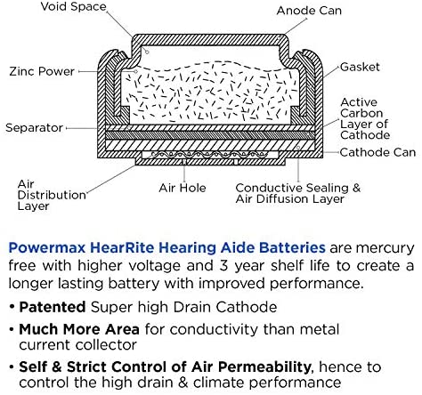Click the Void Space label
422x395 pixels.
tap(73, 6)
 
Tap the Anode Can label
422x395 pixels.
tap(309, 11)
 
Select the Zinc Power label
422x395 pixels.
tap(42, 71)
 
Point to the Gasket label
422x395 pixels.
tap(360, 67)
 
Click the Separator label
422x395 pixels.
tap(34, 128)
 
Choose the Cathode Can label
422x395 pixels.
tap(377, 152)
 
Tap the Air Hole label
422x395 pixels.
tap(183, 188)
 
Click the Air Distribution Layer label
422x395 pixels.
tap(52, 195)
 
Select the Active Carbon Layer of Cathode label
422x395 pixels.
tap(365, 118)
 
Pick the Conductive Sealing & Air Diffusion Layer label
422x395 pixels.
tap(298, 193)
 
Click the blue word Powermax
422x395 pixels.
tap(47, 248)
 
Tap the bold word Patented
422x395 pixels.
tap(53, 307)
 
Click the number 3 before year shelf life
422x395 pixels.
tap(223, 266)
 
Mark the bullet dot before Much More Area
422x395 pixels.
tap(12, 329)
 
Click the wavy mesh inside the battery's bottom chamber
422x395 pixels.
tap(208, 154)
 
